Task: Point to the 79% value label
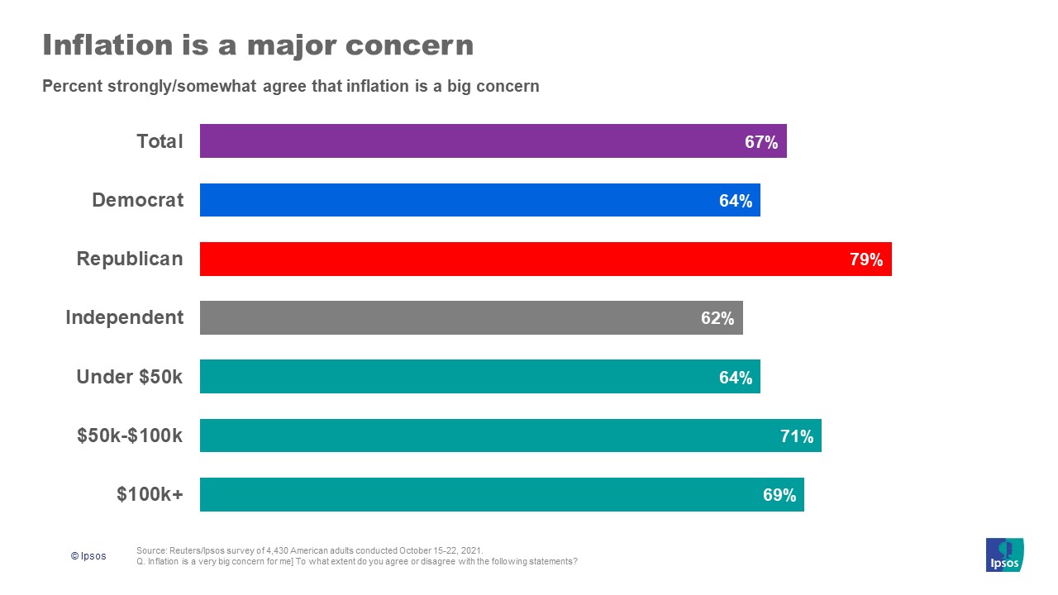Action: [866, 259]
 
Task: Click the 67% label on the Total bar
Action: [761, 142]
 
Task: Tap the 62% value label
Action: [717, 318]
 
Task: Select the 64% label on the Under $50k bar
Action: [735, 378]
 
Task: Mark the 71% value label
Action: [797, 436]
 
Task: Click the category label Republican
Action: [130, 259]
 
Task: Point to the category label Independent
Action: [125, 317]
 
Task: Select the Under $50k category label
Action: [129, 377]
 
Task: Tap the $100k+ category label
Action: [150, 494]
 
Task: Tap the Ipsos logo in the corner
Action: [1004, 555]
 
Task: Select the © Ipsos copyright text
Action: [88, 556]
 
